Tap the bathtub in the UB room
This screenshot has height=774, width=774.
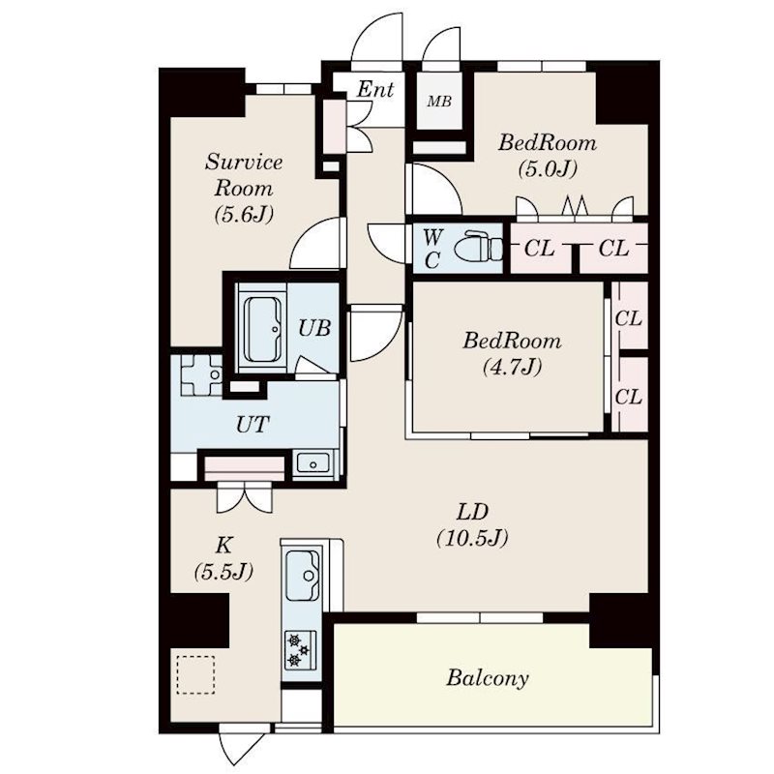262,329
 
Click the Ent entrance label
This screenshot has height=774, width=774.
374,90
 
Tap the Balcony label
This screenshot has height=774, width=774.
488,677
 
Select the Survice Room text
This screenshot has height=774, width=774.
243,174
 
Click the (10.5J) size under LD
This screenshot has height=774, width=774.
471,539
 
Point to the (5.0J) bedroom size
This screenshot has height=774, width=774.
547,169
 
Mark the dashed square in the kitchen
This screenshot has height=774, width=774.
193,673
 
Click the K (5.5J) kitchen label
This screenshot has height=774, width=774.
222,558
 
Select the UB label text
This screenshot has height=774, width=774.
313,328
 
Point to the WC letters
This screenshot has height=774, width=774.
432,248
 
